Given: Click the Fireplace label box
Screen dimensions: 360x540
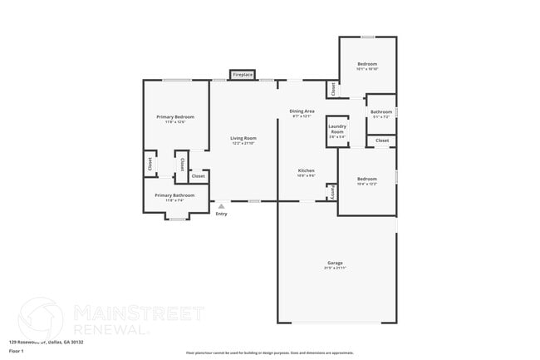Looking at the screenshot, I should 242,75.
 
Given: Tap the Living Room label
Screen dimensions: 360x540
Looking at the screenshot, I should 243,138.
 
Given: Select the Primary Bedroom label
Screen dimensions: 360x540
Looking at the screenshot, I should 170,117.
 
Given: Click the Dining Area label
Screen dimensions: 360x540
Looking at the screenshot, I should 302,111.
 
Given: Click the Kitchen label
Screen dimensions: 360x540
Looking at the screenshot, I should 307,170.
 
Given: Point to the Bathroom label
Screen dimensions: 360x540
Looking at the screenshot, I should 381,111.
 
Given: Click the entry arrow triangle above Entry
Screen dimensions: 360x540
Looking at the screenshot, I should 221,205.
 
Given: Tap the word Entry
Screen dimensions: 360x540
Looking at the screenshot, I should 221,215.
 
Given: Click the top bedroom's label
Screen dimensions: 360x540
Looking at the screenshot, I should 367,64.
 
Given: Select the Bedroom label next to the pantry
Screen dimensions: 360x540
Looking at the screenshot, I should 367,179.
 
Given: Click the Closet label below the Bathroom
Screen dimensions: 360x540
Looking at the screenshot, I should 382,141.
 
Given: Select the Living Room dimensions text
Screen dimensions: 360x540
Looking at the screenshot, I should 243,143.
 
